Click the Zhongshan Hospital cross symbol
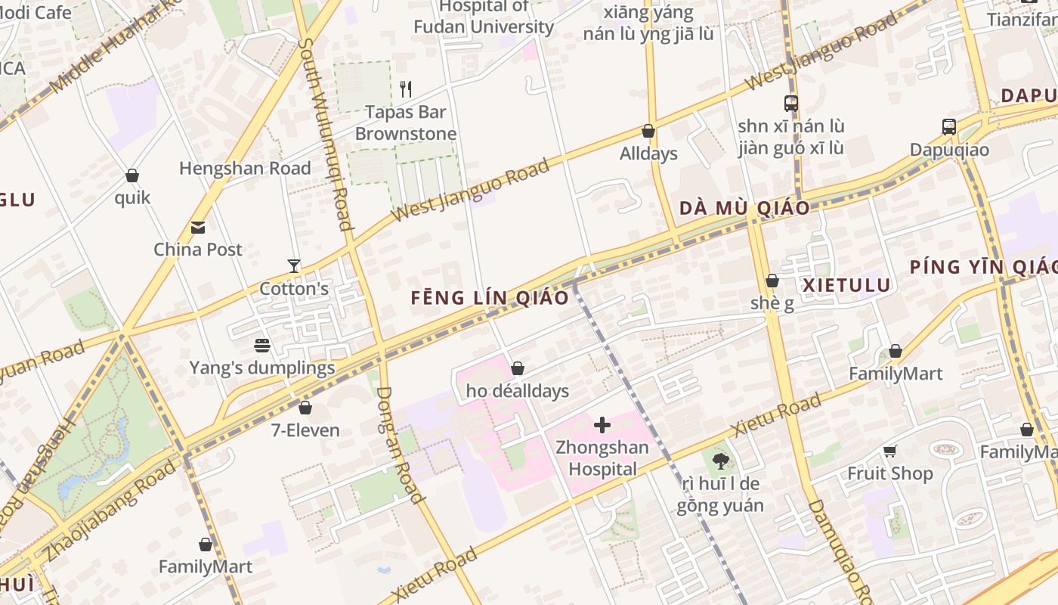pyautogui.click(x=602, y=425)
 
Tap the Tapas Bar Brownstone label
pyautogui.click(x=406, y=123)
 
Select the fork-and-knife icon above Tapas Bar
pyautogui.click(x=406, y=89)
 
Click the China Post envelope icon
pyautogui.click(x=198, y=227)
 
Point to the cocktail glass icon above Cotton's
pyautogui.click(x=294, y=266)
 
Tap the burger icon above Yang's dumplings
pyautogui.click(x=262, y=346)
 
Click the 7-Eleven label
pyautogui.click(x=305, y=430)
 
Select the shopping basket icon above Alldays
pyautogui.click(x=648, y=131)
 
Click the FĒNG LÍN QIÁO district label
pyautogui.click(x=490, y=297)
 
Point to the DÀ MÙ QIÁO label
pyautogui.click(x=744, y=208)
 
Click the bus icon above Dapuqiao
pyautogui.click(x=948, y=127)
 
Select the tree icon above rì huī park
pyautogui.click(x=720, y=461)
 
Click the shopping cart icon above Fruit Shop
pyautogui.click(x=889, y=451)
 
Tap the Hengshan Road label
pyautogui.click(x=245, y=168)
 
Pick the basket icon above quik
pyautogui.click(x=132, y=175)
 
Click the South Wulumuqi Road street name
pyautogui.click(x=324, y=134)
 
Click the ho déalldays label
pyautogui.click(x=518, y=391)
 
